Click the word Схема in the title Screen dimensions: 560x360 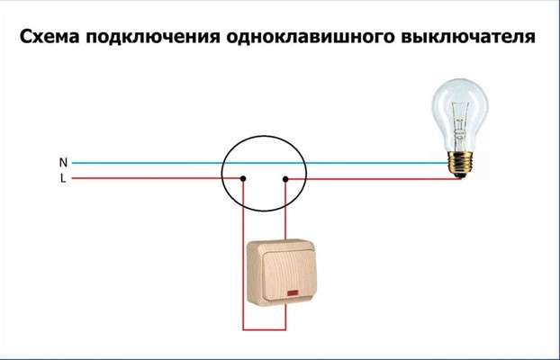click(50, 37)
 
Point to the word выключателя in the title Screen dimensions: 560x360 click(468, 37)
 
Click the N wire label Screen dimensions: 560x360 click(63, 163)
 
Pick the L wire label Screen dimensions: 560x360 click(63, 178)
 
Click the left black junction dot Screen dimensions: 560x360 click(243, 178)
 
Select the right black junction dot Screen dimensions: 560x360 click(285, 179)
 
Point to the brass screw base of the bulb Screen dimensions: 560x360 click(460, 163)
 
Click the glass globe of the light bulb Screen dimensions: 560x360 click(460, 114)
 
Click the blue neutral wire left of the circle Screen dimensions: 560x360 click(147, 163)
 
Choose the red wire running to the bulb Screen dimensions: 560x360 click(375, 178)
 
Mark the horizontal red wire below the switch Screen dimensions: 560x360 click(265, 329)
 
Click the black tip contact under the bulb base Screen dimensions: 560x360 click(460, 175)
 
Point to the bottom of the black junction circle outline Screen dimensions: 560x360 click(264, 211)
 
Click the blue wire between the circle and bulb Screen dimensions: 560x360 click(377, 163)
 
